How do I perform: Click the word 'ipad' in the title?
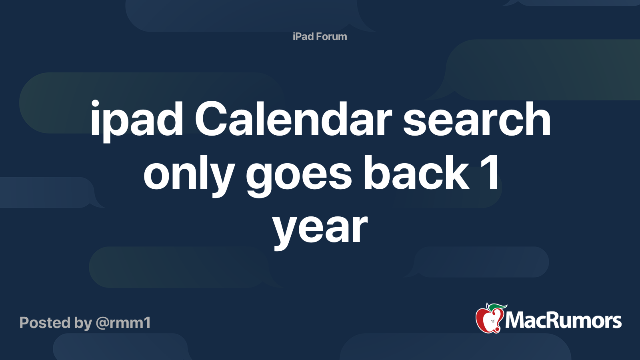point(137,121)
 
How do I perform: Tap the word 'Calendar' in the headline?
point(293,118)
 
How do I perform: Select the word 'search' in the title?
point(476,118)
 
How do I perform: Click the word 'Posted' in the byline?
point(45,322)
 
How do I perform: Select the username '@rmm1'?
point(124,323)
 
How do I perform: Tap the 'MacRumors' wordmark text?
point(563,320)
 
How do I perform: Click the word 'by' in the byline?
point(83,324)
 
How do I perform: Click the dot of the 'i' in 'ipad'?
point(95,104)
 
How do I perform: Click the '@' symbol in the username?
point(104,324)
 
